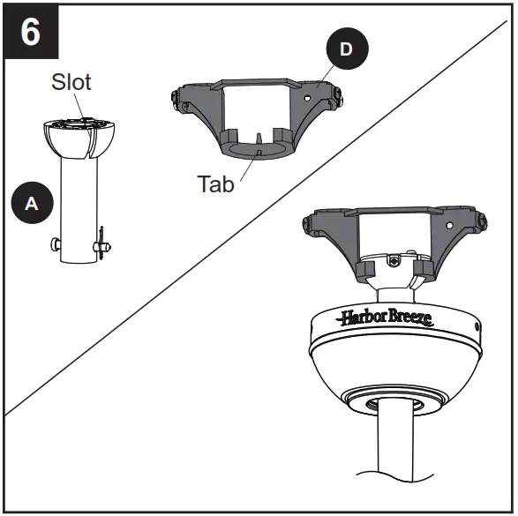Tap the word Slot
coord(70,83)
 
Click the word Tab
coord(216,183)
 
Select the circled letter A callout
coord(32,202)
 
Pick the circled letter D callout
coord(345,49)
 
